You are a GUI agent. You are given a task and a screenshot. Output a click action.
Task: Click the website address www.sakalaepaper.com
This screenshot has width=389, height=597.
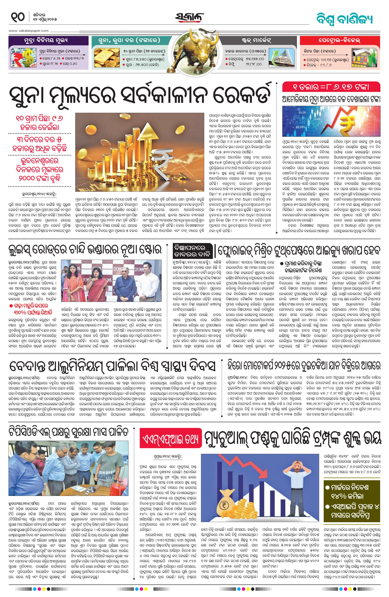pos(28,31)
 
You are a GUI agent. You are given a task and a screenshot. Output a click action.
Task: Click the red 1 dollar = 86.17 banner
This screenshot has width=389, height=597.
pos(331,87)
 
